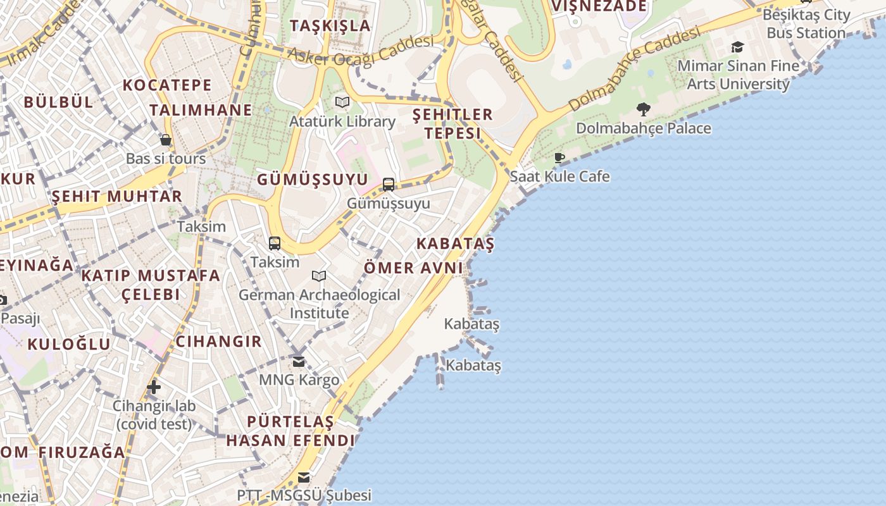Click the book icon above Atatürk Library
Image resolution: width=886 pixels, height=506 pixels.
(342, 102)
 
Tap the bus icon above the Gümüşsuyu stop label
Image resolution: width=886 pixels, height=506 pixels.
(389, 185)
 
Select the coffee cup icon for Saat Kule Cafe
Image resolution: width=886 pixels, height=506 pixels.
(559, 157)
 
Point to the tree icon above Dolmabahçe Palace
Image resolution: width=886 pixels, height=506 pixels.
(644, 109)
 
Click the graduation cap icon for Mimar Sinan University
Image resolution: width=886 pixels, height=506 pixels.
(737, 47)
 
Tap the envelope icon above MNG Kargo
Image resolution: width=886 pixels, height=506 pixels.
(299, 362)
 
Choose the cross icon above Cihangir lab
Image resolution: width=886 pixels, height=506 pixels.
(154, 387)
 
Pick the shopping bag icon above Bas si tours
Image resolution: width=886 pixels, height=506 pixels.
(166, 140)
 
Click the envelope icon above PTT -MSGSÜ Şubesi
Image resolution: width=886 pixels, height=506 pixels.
(304, 477)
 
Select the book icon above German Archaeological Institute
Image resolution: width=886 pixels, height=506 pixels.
(319, 276)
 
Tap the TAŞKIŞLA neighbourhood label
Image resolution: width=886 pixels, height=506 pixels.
(330, 25)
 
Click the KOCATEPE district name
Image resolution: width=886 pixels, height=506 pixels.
(167, 85)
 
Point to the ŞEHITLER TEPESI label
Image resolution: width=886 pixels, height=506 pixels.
(452, 123)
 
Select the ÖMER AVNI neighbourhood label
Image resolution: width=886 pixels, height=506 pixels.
(413, 268)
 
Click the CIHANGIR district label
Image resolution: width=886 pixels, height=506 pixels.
(218, 342)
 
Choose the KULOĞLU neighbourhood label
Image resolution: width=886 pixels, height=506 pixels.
(68, 344)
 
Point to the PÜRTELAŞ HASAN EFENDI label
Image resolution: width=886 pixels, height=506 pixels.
(290, 431)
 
